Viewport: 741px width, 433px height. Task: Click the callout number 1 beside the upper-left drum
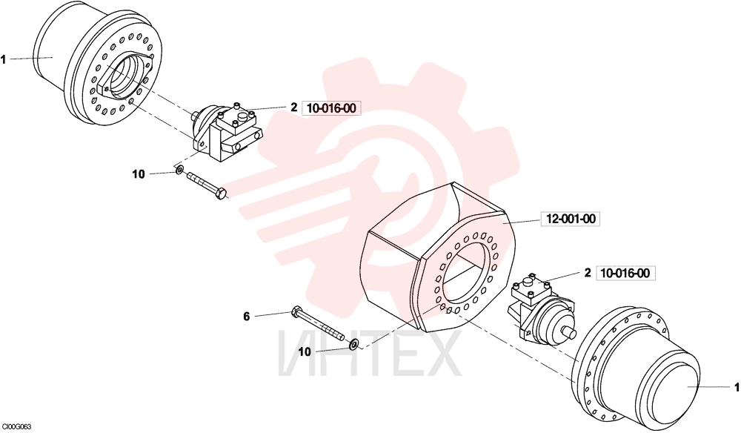pos(3,59)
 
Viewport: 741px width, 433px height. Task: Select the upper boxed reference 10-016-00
pos(331,108)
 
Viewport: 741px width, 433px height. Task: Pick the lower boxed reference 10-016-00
pos(625,273)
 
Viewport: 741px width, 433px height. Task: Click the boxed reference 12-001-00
pos(571,219)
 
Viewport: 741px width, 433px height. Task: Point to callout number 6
pos(246,317)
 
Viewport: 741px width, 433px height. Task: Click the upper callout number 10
pos(138,174)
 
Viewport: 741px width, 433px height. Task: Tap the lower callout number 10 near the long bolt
pos(305,352)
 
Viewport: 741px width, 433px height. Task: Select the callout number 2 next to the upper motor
pos(293,108)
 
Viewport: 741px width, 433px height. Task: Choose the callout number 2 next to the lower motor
pos(588,273)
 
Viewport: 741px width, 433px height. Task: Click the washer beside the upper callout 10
pos(179,169)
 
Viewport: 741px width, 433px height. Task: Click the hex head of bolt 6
pos(296,311)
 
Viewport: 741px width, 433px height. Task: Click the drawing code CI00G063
pos(16,427)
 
